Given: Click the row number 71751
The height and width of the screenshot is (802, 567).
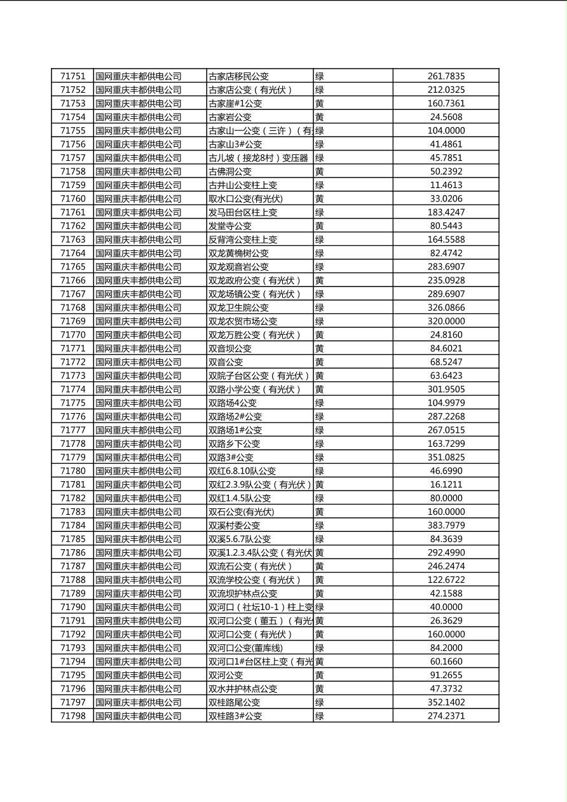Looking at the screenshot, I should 72,76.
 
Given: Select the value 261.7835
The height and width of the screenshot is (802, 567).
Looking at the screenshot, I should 446,76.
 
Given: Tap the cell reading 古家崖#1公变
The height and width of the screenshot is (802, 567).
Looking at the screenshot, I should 235,104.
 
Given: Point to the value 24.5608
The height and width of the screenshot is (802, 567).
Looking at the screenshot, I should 446,117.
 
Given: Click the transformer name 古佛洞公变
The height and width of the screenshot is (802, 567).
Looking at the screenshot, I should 230,172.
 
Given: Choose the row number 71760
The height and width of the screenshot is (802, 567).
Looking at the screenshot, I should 72,199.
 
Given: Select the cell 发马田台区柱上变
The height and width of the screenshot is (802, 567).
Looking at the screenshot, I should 243,212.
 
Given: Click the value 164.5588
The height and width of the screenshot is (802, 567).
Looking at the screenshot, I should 446,240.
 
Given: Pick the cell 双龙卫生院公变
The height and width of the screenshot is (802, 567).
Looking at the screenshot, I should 238,308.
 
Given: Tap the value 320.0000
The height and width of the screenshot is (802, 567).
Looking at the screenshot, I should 446,322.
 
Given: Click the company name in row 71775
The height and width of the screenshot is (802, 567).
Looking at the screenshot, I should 139,403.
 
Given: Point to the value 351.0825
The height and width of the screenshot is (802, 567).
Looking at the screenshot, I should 446,458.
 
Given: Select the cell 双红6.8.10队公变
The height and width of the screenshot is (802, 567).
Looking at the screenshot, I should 242,471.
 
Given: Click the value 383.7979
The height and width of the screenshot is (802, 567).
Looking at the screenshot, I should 446,526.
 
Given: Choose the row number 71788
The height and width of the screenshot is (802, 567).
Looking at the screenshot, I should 72,580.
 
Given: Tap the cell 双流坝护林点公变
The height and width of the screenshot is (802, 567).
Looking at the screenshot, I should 243,594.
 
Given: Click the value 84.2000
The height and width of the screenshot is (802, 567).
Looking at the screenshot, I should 446,648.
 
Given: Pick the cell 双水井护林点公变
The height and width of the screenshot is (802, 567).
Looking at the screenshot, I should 243,689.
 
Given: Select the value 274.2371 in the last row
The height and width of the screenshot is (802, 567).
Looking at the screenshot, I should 446,716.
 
